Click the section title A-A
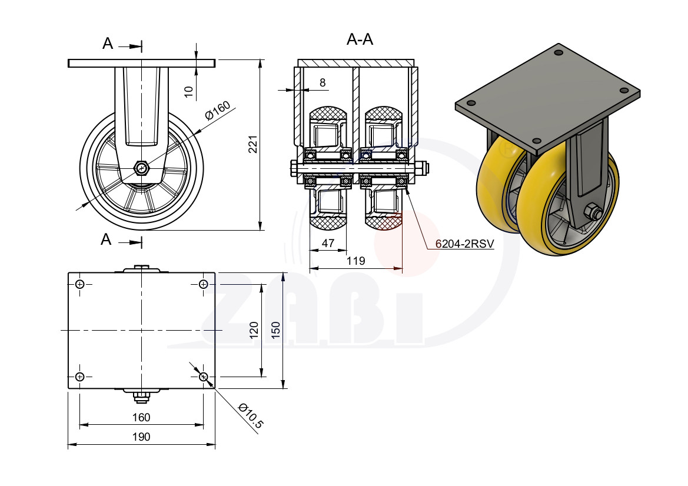[x=360, y=39]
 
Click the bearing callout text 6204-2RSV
[x=465, y=244]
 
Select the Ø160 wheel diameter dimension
[x=218, y=110]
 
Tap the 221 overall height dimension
[x=253, y=144]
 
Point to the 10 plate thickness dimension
[x=189, y=91]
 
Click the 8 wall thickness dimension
[x=323, y=82]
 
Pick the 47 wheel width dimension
[x=328, y=243]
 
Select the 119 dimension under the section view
[x=355, y=261]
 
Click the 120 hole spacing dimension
[x=254, y=330]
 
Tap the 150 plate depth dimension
[x=275, y=330]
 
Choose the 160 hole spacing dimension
[x=141, y=417]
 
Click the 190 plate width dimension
[x=141, y=437]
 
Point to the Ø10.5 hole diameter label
[x=251, y=416]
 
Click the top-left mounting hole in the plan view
[x=80, y=284]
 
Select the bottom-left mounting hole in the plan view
[x=80, y=377]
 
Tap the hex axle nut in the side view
[x=141, y=168]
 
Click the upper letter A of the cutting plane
[x=108, y=44]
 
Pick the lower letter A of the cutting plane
[x=106, y=239]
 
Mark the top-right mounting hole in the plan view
[x=203, y=284]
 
